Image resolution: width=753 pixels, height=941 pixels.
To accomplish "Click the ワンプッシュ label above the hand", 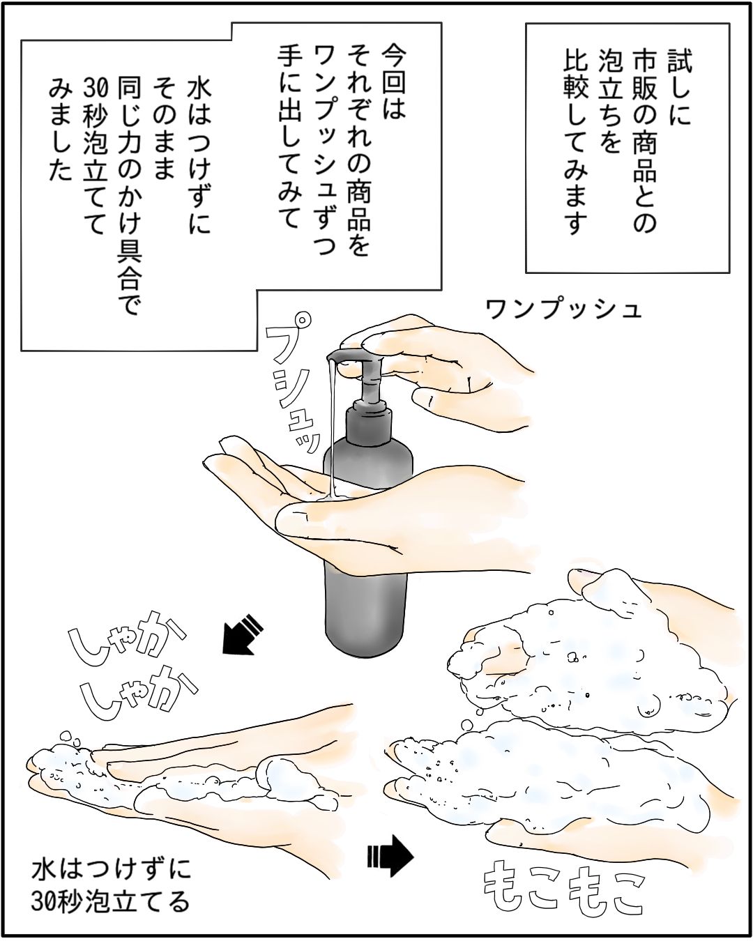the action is click(563, 310).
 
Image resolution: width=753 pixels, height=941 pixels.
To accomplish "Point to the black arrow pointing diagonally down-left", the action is click(243, 636).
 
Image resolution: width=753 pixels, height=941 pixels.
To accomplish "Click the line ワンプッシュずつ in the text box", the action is click(324, 149).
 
